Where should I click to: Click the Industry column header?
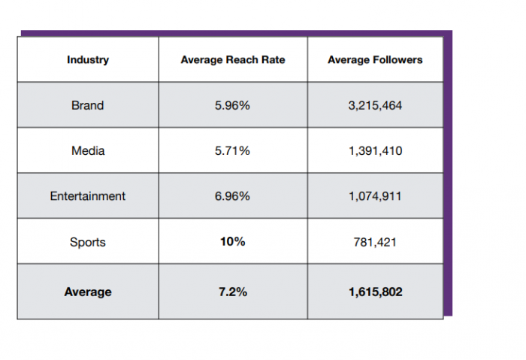coord(87,59)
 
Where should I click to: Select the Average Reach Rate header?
coord(233,59)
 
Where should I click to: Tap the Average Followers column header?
coord(375,59)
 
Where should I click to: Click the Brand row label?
coord(87,105)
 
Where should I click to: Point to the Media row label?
coord(88,150)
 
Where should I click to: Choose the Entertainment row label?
coord(88,196)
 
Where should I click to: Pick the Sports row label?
coord(88,242)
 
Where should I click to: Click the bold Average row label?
coord(88,292)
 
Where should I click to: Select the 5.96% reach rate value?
coord(232,105)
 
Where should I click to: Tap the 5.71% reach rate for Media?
coord(232,150)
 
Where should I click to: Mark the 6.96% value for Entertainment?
coord(232,196)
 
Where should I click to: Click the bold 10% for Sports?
coord(232,241)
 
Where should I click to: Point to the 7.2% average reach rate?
coord(232,292)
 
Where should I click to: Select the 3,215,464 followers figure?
coord(375,105)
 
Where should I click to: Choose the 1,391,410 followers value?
coord(375,150)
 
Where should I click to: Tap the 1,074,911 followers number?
coord(375,196)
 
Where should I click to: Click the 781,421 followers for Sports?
coord(375,242)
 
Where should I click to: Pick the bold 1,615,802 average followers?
coord(375,292)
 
